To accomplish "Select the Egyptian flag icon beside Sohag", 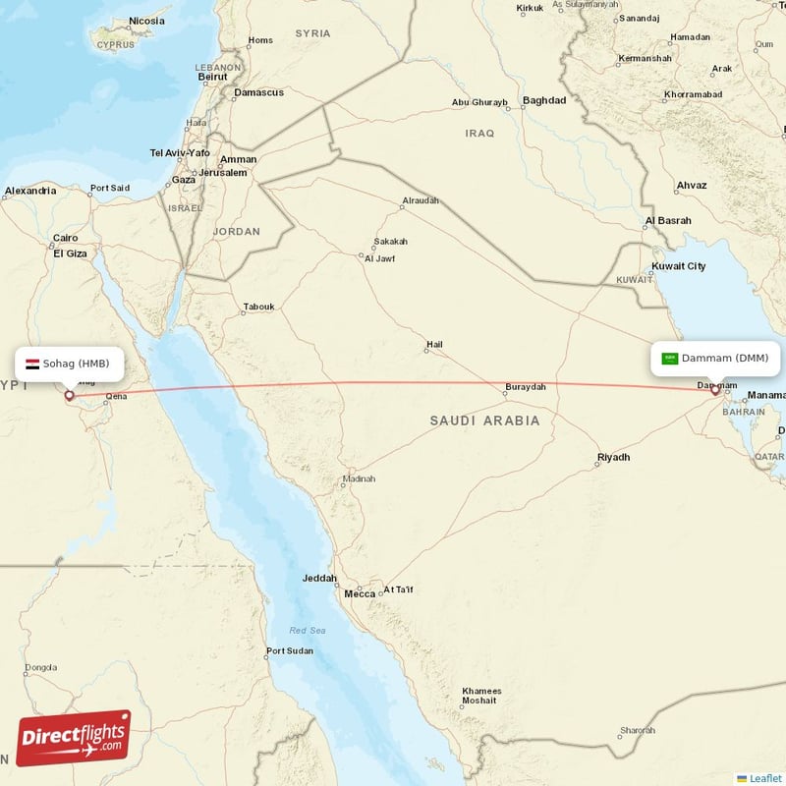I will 32,364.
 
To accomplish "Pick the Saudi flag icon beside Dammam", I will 670,359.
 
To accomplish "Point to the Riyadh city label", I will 613,458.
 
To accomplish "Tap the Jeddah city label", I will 320,578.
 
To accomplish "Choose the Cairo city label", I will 65,238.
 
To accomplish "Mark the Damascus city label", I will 258,92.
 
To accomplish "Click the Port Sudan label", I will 290,650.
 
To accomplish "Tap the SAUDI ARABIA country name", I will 484,421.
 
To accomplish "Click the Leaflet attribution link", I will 765,777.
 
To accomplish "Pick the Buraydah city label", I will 526,387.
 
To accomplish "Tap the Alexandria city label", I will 30,191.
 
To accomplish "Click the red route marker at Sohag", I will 69,396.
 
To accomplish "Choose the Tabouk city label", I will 259,307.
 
